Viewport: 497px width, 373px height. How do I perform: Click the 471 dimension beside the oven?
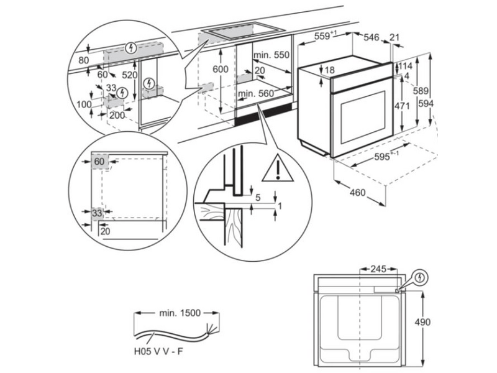403,106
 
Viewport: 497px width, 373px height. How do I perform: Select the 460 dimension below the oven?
357,193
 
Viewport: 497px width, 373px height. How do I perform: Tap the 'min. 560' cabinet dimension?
256,94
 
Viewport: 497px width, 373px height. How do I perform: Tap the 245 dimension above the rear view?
378,269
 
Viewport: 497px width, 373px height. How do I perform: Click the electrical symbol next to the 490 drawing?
421,277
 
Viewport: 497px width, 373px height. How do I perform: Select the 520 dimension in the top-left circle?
129,74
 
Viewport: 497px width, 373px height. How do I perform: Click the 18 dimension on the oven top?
330,70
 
